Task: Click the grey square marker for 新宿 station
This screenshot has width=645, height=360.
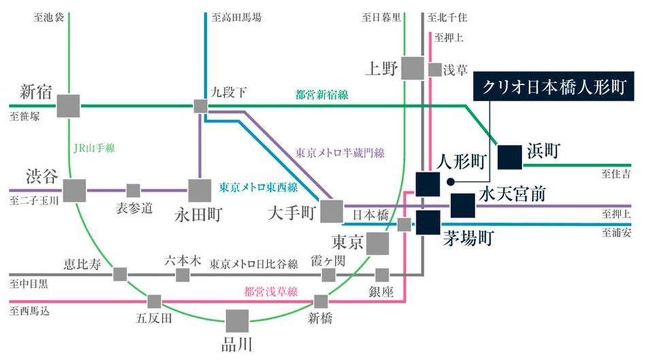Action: (x=68, y=106)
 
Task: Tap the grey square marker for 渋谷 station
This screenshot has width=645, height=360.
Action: (x=75, y=190)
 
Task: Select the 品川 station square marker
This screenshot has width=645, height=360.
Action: (x=237, y=321)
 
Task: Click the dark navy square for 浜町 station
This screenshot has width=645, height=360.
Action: (x=508, y=157)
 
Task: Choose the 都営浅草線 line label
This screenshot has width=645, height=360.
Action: (x=270, y=292)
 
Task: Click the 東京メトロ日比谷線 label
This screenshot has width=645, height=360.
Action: (x=254, y=263)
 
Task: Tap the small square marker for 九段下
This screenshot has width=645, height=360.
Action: (x=201, y=106)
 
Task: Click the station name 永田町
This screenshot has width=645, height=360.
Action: (x=197, y=215)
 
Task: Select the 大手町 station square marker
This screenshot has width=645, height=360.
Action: (x=332, y=212)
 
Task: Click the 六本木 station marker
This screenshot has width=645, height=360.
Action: (x=182, y=275)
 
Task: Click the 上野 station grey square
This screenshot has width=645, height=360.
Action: (x=412, y=68)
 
